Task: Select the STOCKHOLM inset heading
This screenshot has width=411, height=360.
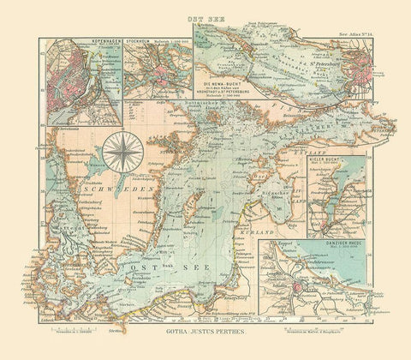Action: tap(141, 39)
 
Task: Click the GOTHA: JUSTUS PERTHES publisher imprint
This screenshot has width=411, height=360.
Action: tap(205, 329)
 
